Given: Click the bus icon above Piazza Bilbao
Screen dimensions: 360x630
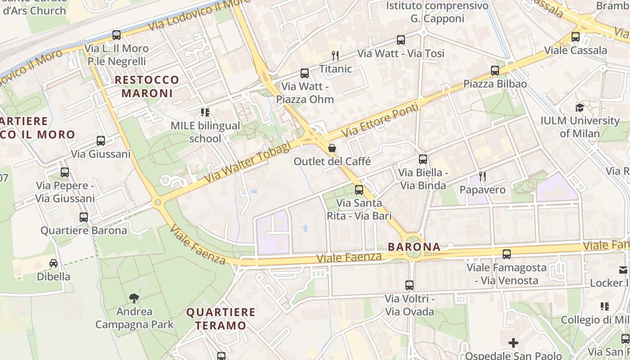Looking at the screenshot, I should pyautogui.click(x=495, y=70).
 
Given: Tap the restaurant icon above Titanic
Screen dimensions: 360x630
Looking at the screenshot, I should pyautogui.click(x=335, y=55).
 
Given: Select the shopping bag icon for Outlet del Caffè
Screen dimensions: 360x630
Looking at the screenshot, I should pyautogui.click(x=332, y=148).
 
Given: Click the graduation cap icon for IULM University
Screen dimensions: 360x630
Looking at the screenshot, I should pyautogui.click(x=580, y=108).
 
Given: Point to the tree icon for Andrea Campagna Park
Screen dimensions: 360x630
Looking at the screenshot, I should pyautogui.click(x=134, y=297).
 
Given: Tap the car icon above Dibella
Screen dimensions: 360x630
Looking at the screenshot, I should pyautogui.click(x=54, y=263).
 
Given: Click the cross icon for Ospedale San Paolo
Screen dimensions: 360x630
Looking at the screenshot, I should pyautogui.click(x=513, y=343).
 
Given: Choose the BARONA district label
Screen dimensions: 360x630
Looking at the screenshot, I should pyautogui.click(x=414, y=247).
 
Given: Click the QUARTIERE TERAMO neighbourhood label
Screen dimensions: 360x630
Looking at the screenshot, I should pyautogui.click(x=221, y=319).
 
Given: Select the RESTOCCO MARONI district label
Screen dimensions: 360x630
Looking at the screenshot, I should pyautogui.click(x=147, y=86).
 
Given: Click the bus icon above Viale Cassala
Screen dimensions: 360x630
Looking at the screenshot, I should pyautogui.click(x=576, y=37).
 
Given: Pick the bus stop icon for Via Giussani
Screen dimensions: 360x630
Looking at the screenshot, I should pyautogui.click(x=101, y=140).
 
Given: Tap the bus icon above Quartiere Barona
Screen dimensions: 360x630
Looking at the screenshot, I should pyautogui.click(x=84, y=217).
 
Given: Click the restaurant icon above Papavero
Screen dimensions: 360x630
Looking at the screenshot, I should pyautogui.click(x=482, y=176).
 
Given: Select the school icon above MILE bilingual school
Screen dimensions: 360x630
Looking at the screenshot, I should pyautogui.click(x=205, y=112).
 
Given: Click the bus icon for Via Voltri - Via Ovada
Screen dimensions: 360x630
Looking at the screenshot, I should pyautogui.click(x=409, y=285).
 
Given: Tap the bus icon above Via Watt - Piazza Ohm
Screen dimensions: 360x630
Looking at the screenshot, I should pyautogui.click(x=305, y=73).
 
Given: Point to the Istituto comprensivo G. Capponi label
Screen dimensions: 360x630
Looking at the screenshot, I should pyautogui.click(x=437, y=12).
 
